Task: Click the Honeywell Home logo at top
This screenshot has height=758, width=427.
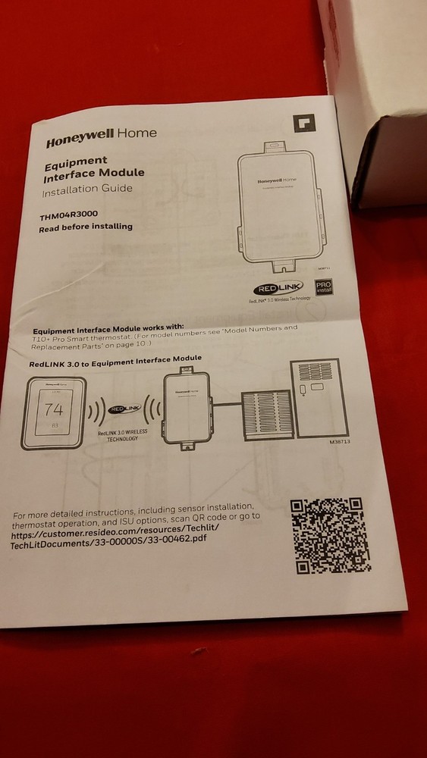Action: pos(102,136)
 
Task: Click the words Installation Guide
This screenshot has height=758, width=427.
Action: pos(87,189)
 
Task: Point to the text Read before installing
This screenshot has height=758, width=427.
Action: pos(86,227)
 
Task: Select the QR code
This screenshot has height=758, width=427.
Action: pos(327,534)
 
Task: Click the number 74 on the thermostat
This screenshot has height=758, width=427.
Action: pos(55,411)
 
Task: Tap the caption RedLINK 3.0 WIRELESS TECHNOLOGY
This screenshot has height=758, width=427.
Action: pos(118,434)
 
